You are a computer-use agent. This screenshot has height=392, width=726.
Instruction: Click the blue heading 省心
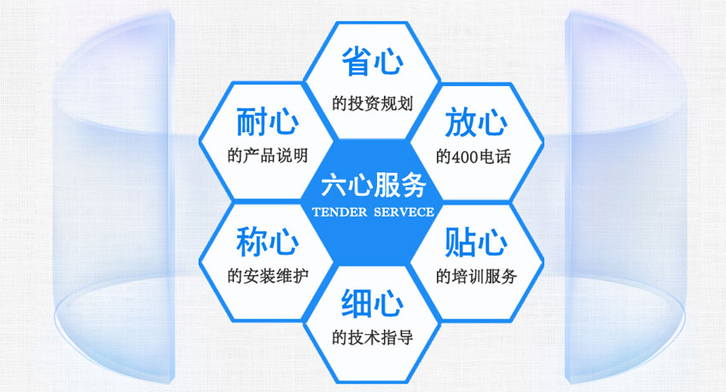(x=373, y=61)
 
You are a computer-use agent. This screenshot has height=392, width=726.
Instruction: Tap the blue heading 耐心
(x=267, y=122)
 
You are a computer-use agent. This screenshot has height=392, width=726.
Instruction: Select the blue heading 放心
(x=476, y=122)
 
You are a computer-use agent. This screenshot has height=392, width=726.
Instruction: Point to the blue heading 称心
(x=267, y=241)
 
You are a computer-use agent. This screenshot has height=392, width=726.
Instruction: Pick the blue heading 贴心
(x=476, y=242)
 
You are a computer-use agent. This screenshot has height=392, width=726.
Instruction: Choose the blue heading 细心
(x=372, y=303)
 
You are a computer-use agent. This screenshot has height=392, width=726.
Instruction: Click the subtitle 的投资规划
(x=372, y=103)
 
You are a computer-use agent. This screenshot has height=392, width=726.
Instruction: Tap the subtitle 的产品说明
(x=268, y=155)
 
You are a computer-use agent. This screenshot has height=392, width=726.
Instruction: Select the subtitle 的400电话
(x=473, y=157)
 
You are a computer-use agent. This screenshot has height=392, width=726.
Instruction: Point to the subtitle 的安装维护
(x=268, y=276)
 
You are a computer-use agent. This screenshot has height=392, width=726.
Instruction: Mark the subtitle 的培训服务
(x=476, y=276)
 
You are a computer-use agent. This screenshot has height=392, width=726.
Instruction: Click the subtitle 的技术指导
(x=372, y=337)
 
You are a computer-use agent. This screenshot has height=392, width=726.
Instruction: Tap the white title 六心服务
(x=373, y=186)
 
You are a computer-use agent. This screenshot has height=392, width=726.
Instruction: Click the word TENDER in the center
(x=340, y=212)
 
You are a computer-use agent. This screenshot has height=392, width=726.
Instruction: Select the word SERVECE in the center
(x=404, y=212)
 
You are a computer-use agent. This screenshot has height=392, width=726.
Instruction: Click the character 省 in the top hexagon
(x=357, y=61)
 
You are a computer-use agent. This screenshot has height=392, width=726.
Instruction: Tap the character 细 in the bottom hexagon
(x=357, y=303)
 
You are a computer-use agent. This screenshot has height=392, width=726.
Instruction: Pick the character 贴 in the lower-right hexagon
(x=460, y=242)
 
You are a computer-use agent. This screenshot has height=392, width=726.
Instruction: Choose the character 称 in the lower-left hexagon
(x=252, y=241)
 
